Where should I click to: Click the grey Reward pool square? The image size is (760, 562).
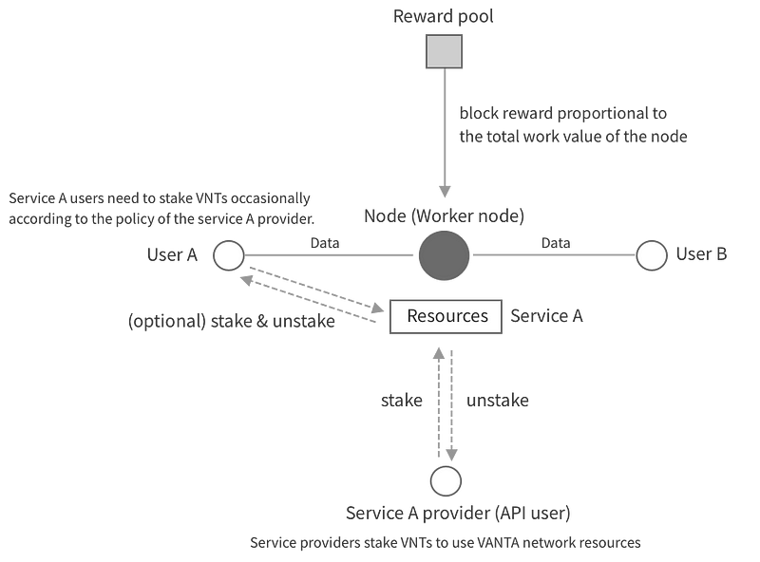coord(444,51)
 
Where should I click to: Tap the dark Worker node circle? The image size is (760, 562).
coord(444,255)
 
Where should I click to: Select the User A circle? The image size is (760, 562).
coord(229,255)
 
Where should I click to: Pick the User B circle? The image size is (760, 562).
coord(652,255)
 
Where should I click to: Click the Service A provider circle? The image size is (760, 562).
coord(446,481)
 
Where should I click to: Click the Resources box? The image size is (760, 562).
coord(446,317)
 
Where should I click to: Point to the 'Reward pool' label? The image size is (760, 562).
coord(443,16)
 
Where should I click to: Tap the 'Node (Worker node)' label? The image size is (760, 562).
coord(444,216)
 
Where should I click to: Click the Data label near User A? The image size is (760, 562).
coord(325,243)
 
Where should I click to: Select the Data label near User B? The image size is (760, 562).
coord(556,243)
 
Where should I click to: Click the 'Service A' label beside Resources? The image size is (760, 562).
coord(547,316)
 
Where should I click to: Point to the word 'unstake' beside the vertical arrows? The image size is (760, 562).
coord(497,401)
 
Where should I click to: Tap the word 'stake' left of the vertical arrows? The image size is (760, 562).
coord(401,401)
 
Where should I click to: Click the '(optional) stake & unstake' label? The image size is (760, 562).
coord(231,321)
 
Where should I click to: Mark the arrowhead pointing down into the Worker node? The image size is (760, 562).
coord(445,192)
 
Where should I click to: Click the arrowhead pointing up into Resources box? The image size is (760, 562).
coord(439,353)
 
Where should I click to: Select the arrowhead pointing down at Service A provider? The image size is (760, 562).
coord(452,455)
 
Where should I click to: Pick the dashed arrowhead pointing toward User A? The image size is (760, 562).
coord(247,280)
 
